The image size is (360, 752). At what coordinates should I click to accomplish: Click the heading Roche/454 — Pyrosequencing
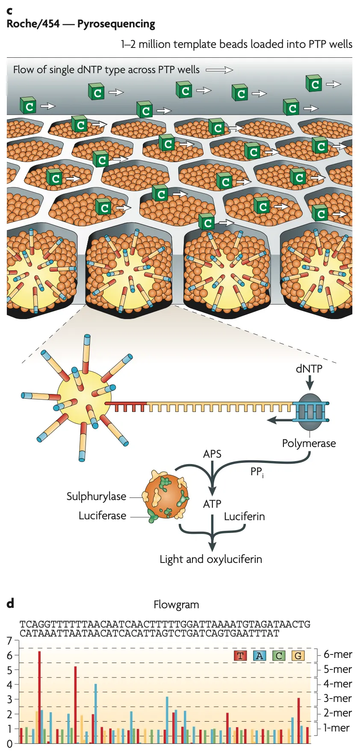point(81,24)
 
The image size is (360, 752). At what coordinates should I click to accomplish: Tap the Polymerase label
point(309,443)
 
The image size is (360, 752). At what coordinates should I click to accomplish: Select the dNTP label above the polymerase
point(309,369)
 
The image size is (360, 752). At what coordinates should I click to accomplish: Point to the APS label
point(212,454)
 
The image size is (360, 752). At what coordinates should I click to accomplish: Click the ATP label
point(212,504)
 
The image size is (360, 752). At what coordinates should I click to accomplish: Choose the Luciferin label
point(244,516)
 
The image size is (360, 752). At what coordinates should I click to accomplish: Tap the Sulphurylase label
point(96,496)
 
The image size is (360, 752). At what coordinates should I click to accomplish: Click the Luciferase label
point(102,515)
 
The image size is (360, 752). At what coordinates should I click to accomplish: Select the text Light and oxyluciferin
point(211,559)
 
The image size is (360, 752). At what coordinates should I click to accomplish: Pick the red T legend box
point(240,656)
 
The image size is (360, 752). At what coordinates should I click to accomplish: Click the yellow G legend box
point(298,656)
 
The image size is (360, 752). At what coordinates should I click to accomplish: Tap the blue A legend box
point(260,656)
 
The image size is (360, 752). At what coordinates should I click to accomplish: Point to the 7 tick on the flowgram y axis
point(10,641)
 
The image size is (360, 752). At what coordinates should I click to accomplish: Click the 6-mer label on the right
point(337,654)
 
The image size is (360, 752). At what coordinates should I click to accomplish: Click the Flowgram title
point(176,604)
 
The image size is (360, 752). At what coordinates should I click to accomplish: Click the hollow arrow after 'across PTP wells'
point(219,70)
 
